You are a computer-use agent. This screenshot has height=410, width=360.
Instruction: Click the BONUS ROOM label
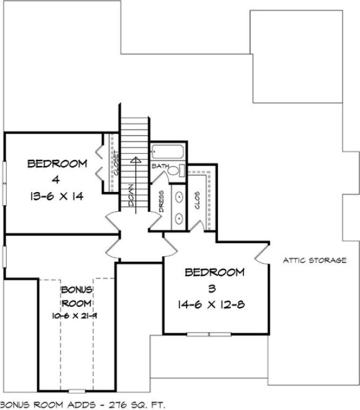77,296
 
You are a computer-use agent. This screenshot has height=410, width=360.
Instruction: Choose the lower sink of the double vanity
178,218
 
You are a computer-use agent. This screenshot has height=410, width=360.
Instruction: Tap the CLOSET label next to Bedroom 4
115,163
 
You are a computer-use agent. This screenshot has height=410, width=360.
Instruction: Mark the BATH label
160,166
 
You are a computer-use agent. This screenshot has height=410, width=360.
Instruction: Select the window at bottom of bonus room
77,391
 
